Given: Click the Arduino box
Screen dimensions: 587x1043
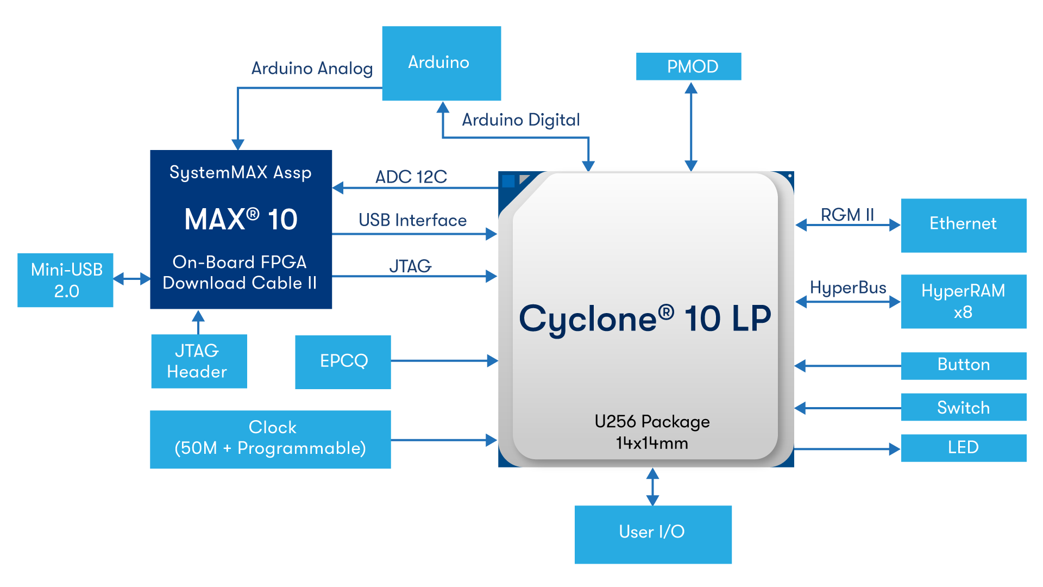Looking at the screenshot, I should point(441,63).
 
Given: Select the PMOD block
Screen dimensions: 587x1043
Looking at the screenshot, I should point(688,66).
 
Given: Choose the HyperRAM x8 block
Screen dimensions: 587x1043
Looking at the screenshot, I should point(963,301).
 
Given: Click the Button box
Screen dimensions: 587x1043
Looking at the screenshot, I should point(963,365).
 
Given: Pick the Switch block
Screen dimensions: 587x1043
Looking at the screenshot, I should point(963,407).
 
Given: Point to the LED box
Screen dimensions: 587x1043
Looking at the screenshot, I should point(963,448).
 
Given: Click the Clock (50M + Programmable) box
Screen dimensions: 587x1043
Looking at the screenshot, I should point(270,439).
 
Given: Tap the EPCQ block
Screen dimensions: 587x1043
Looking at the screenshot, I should point(343,361).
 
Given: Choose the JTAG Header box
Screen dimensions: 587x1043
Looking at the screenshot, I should point(199,361).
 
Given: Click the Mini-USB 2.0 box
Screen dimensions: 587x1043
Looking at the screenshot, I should point(65,280).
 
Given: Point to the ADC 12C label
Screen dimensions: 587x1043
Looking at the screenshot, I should point(411,177).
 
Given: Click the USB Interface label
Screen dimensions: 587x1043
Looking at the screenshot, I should point(412,220).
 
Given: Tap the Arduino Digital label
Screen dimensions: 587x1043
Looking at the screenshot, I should point(520,120).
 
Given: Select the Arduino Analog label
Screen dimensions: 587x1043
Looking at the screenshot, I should point(312,68).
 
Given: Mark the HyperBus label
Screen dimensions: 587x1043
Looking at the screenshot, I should point(847,288).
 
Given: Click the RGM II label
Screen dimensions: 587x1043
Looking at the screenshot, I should point(847,215).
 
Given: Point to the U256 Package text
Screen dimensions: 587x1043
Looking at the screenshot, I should point(652,422).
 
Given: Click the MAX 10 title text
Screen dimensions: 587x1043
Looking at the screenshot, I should point(241,220).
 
